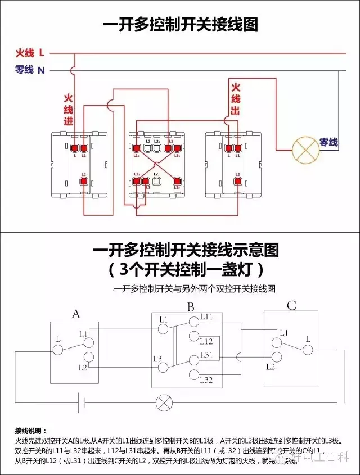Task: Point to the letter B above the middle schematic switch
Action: click(191, 307)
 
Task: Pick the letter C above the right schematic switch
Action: click(291, 306)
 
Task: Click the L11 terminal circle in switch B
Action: click(194, 320)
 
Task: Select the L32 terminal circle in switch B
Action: click(194, 375)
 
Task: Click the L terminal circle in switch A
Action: click(58, 350)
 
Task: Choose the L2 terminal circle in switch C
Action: click(276, 358)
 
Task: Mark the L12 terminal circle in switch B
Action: click(194, 337)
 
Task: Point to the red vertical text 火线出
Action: click(235, 99)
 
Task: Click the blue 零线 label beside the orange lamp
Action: click(328, 143)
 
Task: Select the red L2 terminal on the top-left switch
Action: click(83, 181)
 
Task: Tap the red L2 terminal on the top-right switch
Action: click(237, 181)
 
